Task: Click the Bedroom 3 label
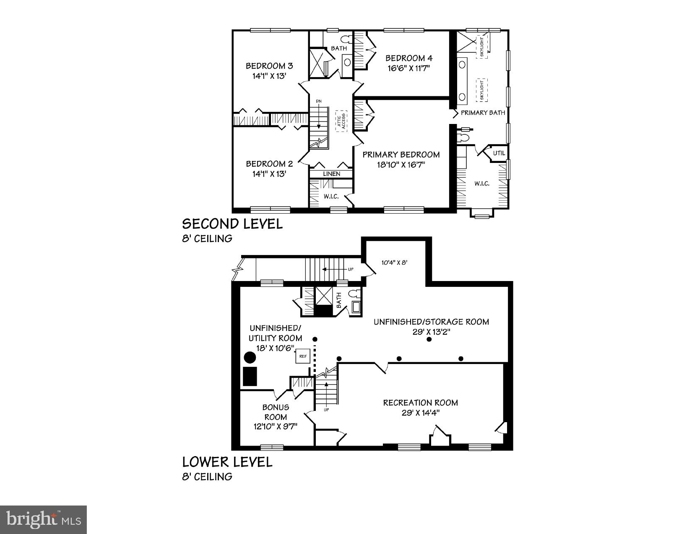coord(269,66)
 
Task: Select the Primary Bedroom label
coord(401,155)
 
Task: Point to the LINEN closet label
coord(331,174)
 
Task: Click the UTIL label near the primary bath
coord(499,153)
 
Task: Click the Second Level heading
coord(232,224)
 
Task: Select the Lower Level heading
coord(227,462)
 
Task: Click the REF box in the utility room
coord(302,356)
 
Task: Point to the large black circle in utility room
coord(250,358)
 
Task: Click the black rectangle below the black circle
coord(250,376)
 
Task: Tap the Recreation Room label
coord(420,403)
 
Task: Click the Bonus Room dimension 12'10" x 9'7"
coord(275,427)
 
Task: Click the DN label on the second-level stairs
coord(319,101)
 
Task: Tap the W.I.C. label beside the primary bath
coord(482,183)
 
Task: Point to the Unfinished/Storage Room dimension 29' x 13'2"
coord(431,332)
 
